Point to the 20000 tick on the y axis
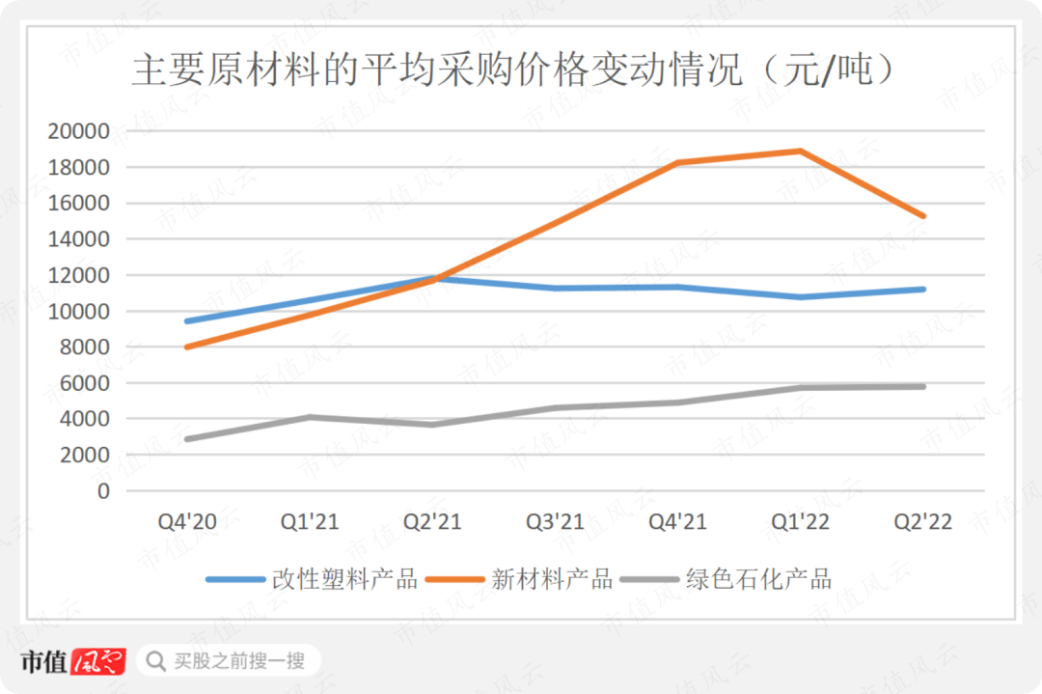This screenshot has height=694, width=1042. coord(79,131)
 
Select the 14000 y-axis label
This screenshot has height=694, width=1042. coord(79,239)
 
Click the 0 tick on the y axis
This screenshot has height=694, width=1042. coord(103,491)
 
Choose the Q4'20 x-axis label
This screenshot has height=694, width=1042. coord(187,523)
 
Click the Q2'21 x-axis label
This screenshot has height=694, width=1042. coord(433,523)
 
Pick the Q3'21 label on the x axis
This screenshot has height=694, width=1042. coord(555,523)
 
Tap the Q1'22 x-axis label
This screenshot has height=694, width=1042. coord(801,523)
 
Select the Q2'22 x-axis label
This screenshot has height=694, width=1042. coord(923,523)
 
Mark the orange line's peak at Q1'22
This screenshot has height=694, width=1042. coord(800,151)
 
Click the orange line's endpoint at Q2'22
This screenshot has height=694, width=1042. coord(923,216)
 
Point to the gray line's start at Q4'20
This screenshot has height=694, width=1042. coord(187,439)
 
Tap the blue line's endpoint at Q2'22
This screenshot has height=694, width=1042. coord(923,289)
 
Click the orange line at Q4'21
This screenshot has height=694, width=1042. coord(677,162)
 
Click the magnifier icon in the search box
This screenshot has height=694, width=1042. coord(155,661)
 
